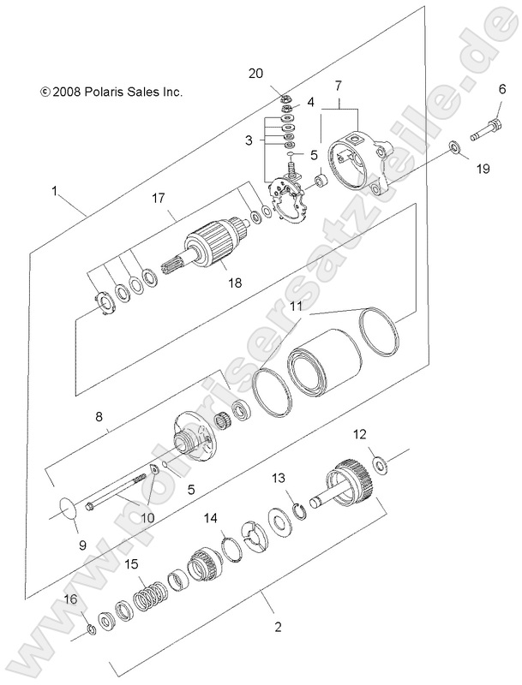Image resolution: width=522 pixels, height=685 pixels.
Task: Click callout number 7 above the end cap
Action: point(339,85)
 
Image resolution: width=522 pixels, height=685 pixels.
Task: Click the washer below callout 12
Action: point(381,464)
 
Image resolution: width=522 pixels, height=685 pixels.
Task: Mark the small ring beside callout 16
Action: point(92,631)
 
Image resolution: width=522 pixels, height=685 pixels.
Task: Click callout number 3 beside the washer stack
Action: point(249,140)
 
